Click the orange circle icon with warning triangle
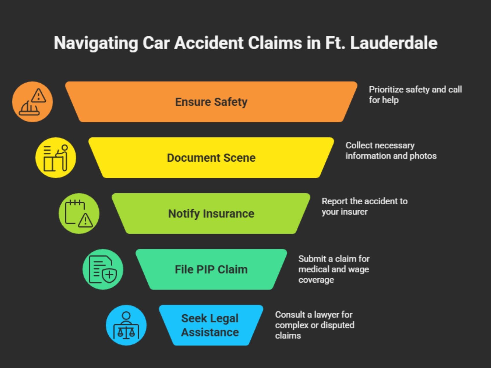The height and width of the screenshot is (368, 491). coord(32,102)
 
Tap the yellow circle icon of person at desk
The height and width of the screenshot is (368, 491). coord(56,158)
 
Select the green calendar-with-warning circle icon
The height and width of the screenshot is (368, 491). coord(79,214)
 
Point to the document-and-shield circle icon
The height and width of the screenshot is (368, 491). coord(103,269)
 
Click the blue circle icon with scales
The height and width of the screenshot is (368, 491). coord(126,325)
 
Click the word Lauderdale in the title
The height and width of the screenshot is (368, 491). coord(394,43)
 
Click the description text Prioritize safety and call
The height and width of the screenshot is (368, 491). coord(415,89)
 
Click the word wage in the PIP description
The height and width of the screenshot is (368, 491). coord(358,270)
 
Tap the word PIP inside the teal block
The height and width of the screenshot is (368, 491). coord(205,270)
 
